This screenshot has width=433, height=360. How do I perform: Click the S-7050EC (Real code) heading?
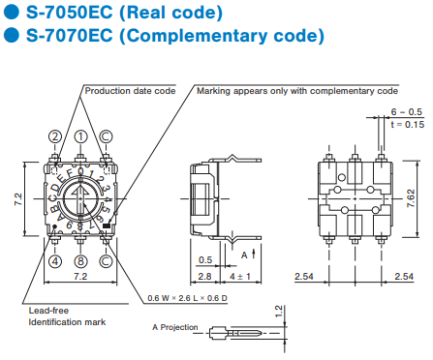tap(124, 13)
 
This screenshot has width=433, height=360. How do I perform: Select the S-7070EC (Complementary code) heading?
tap(175, 35)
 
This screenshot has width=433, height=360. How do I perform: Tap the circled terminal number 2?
tap(55, 136)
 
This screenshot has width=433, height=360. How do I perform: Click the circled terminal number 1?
tap(80, 136)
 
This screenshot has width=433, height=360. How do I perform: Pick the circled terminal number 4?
tap(55, 261)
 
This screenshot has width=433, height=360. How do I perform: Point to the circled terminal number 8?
tap(80, 261)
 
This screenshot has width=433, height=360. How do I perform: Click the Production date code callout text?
tap(130, 91)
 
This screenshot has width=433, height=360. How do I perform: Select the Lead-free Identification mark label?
tap(67, 316)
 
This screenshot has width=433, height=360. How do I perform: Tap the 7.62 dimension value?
tap(411, 198)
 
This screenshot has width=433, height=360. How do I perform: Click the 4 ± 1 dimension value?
tap(240, 277)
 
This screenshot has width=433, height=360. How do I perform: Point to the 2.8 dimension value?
tap(204, 277)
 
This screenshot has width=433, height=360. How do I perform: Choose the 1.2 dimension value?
tap(279, 312)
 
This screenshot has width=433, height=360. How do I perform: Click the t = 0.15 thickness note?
tap(407, 125)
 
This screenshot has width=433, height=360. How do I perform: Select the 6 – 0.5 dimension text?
tap(407, 112)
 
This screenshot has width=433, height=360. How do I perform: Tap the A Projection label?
tap(175, 327)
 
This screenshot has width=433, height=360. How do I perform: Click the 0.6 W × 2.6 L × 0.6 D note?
tap(187, 298)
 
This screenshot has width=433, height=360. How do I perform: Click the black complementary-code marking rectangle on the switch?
tap(107, 225)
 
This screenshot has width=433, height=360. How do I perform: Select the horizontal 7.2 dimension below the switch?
tap(80, 277)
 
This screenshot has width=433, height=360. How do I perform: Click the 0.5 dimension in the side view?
tap(205, 260)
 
